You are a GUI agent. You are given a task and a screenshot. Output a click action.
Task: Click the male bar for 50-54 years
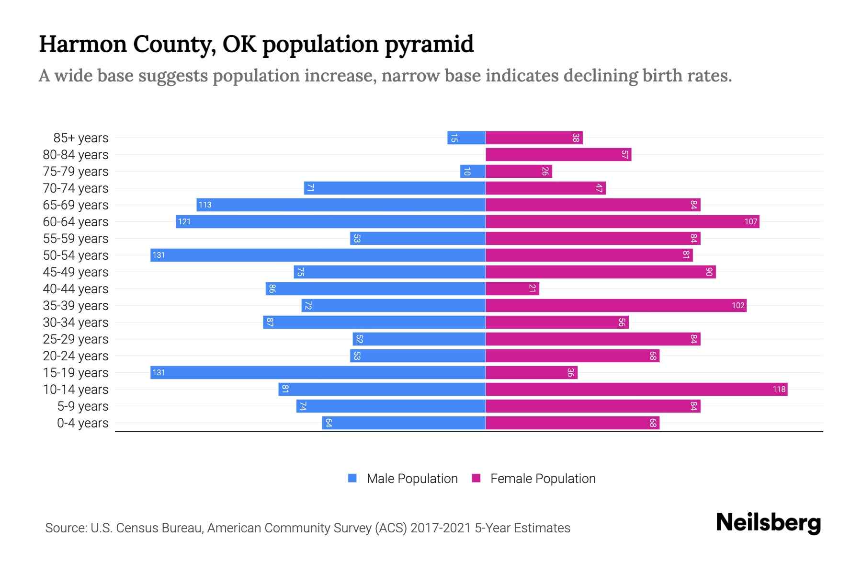(x=318, y=255)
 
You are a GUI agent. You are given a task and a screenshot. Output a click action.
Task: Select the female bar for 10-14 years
(x=636, y=389)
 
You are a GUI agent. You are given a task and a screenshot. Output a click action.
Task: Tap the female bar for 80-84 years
(x=558, y=154)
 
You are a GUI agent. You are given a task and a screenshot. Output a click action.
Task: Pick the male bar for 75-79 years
(x=473, y=171)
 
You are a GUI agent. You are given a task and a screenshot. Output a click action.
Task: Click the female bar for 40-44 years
(x=512, y=288)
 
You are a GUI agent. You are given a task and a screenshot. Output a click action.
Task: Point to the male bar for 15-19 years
(x=318, y=372)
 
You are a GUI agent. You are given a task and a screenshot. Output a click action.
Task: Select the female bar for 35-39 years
(x=616, y=305)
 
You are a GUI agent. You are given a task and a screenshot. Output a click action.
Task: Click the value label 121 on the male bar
(x=184, y=221)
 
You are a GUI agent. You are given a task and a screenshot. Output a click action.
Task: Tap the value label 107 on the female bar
(x=751, y=221)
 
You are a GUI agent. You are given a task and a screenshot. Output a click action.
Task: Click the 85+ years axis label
(x=81, y=138)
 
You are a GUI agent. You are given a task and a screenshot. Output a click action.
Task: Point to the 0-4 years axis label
(x=82, y=423)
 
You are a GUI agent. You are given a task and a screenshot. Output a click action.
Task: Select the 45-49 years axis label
(x=76, y=272)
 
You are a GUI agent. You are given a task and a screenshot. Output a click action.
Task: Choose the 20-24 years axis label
(x=76, y=356)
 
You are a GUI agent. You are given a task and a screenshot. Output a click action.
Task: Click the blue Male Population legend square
(x=352, y=478)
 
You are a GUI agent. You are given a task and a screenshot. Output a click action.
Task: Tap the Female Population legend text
(x=543, y=479)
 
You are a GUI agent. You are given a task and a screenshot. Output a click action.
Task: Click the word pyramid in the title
(x=429, y=44)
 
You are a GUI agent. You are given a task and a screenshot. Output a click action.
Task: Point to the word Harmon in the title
(x=83, y=44)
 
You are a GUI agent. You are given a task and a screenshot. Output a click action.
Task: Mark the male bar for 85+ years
(x=466, y=138)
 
